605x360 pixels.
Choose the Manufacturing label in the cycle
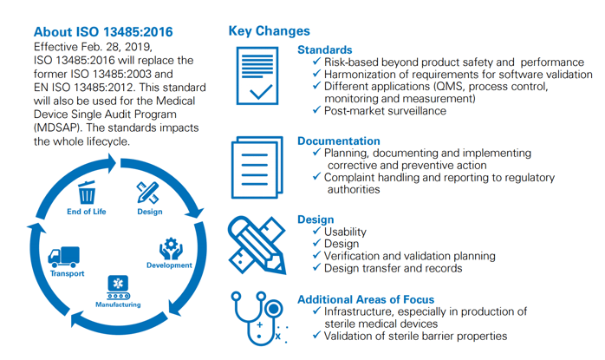[x=117, y=304]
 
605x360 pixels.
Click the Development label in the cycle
[x=169, y=265]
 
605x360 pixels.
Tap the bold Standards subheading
[x=324, y=50]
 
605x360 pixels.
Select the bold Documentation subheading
[x=338, y=141]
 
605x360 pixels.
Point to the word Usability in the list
[x=344, y=232]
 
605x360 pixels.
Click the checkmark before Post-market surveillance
[x=316, y=111]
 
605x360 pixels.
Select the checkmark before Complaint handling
[x=316, y=177]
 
